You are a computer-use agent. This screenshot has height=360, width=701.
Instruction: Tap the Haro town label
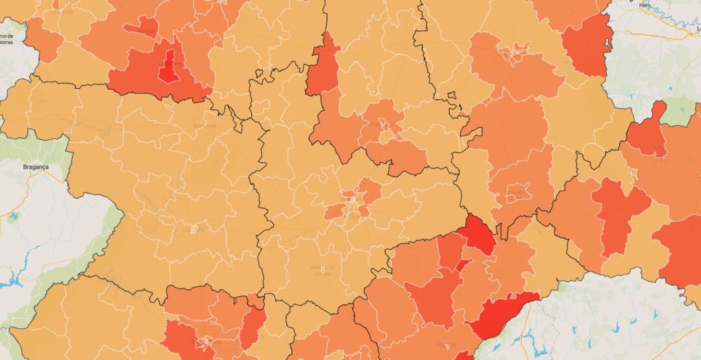click(x=645, y=5)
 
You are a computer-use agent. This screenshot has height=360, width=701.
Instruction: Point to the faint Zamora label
click(x=193, y=229)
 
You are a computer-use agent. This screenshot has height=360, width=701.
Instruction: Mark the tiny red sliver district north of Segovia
click(x=462, y=265)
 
